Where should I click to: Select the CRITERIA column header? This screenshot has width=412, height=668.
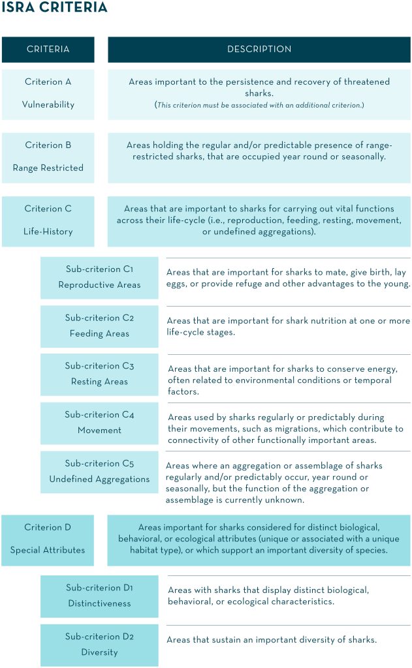pos(48,49)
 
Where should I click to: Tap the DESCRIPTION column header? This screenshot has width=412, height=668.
pos(259,49)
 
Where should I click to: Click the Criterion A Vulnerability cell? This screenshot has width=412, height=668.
pos(48,93)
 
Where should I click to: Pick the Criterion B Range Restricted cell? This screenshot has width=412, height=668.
pos(48,157)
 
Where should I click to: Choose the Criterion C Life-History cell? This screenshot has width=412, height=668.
pos(48,220)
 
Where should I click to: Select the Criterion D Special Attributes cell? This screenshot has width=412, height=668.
pos(48,538)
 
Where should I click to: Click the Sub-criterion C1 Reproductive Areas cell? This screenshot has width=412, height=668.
pos(99,277)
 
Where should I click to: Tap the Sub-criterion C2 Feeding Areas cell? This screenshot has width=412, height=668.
pos(99,326)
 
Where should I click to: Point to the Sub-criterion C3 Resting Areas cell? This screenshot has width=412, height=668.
pos(99,374)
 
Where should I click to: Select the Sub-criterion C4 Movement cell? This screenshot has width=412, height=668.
pos(99,422)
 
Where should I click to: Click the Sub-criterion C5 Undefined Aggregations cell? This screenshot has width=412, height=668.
pos(99,471)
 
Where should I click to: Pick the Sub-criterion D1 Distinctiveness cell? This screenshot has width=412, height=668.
pos(99,596)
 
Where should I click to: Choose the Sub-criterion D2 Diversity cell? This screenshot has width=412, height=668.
pos(99,645)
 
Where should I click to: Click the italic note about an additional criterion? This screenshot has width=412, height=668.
pos(259,105)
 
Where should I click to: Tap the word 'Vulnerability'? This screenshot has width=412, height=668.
pos(48,104)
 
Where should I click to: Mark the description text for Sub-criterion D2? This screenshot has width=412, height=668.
pos(271,640)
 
